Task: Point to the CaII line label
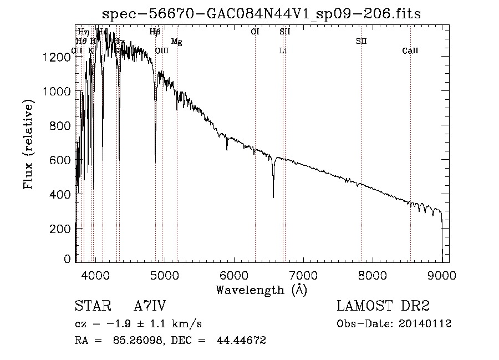click(410, 51)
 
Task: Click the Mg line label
click(177, 42)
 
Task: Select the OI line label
click(255, 32)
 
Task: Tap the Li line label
click(283, 51)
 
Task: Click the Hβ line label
click(155, 32)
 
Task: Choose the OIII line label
click(162, 51)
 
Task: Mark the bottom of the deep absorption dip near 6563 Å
click(273, 196)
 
